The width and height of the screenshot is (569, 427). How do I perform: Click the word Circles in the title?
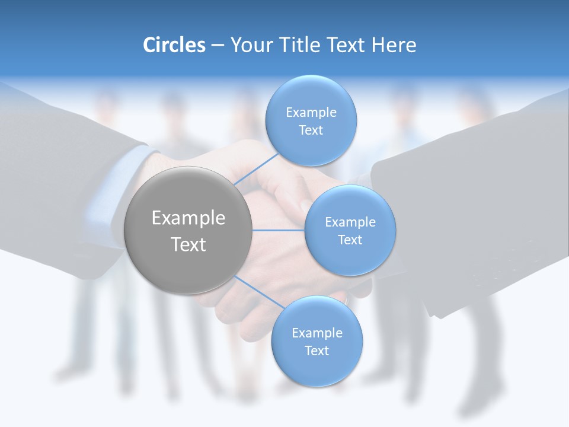[x=174, y=45]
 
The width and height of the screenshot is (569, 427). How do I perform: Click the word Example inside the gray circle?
[x=188, y=218]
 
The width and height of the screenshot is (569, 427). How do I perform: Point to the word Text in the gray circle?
[x=188, y=244]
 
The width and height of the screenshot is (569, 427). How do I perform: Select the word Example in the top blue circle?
[x=311, y=113]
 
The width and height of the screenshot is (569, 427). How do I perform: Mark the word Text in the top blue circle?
[x=311, y=130]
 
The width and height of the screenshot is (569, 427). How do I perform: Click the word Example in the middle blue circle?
[x=350, y=222]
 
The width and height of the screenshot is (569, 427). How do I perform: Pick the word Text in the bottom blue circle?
[x=317, y=351]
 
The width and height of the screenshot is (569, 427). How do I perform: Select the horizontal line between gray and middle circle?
[x=278, y=230]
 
